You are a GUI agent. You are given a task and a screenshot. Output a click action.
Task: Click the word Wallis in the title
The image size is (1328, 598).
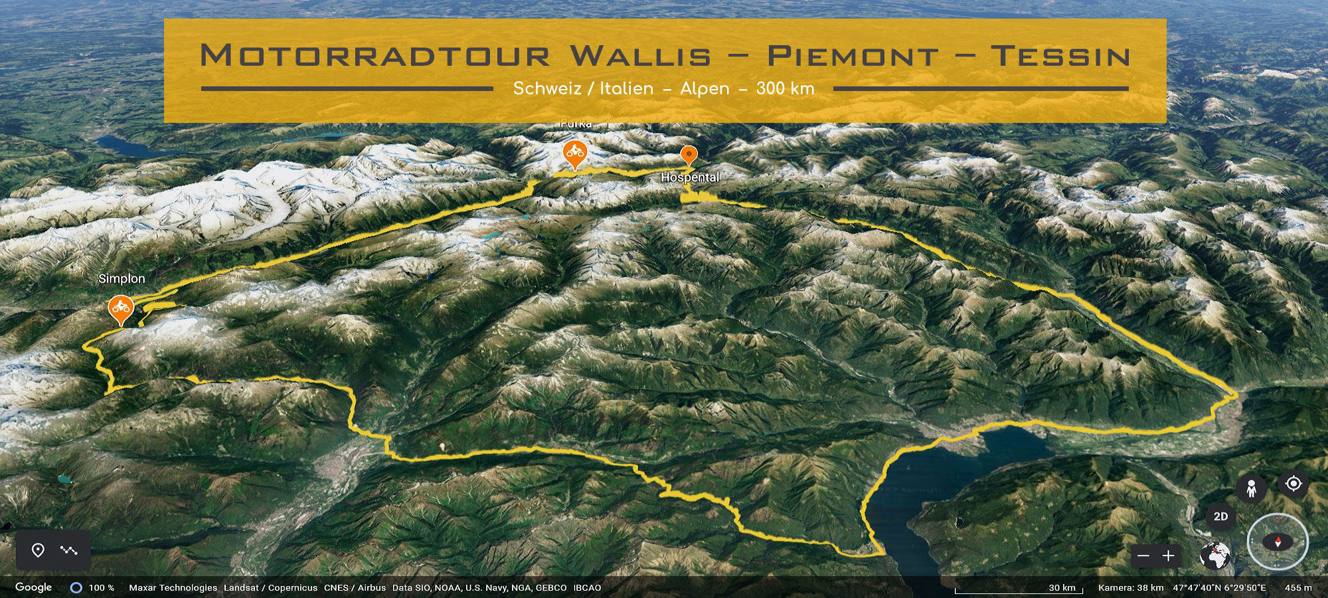(641, 56)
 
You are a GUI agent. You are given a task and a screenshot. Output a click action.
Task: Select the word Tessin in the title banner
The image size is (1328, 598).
(1060, 56)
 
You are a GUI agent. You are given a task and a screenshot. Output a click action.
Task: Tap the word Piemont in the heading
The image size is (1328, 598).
(853, 56)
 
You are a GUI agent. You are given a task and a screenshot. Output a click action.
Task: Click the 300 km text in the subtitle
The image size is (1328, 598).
(785, 88)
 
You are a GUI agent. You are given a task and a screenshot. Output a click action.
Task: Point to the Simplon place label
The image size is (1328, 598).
(122, 278)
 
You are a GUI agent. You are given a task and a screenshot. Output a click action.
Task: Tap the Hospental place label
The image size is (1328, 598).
(690, 177)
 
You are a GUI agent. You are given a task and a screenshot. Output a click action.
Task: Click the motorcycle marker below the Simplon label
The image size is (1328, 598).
(121, 308)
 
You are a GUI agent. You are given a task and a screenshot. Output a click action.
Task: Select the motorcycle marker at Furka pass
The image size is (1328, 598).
(575, 154)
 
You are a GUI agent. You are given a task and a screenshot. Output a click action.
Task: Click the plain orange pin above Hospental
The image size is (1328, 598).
(689, 155)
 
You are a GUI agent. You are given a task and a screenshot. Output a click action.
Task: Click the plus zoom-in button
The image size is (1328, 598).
(1169, 555)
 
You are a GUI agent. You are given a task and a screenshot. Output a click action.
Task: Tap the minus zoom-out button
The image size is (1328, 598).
(1143, 555)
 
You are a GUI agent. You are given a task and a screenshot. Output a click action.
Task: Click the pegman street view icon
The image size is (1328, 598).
(1251, 489)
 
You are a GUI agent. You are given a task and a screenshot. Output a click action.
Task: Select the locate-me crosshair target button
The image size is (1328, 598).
(1293, 483)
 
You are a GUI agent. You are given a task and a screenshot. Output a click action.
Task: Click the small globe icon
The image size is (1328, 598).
(1215, 555)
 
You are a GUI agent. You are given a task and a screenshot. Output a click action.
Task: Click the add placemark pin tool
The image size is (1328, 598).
(39, 550)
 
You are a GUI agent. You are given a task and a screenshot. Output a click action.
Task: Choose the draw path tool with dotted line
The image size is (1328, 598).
(68, 550)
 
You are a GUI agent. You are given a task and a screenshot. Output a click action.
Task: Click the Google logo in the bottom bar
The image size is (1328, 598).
(33, 587)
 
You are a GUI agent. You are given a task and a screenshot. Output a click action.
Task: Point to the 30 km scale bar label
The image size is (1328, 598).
(1062, 587)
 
